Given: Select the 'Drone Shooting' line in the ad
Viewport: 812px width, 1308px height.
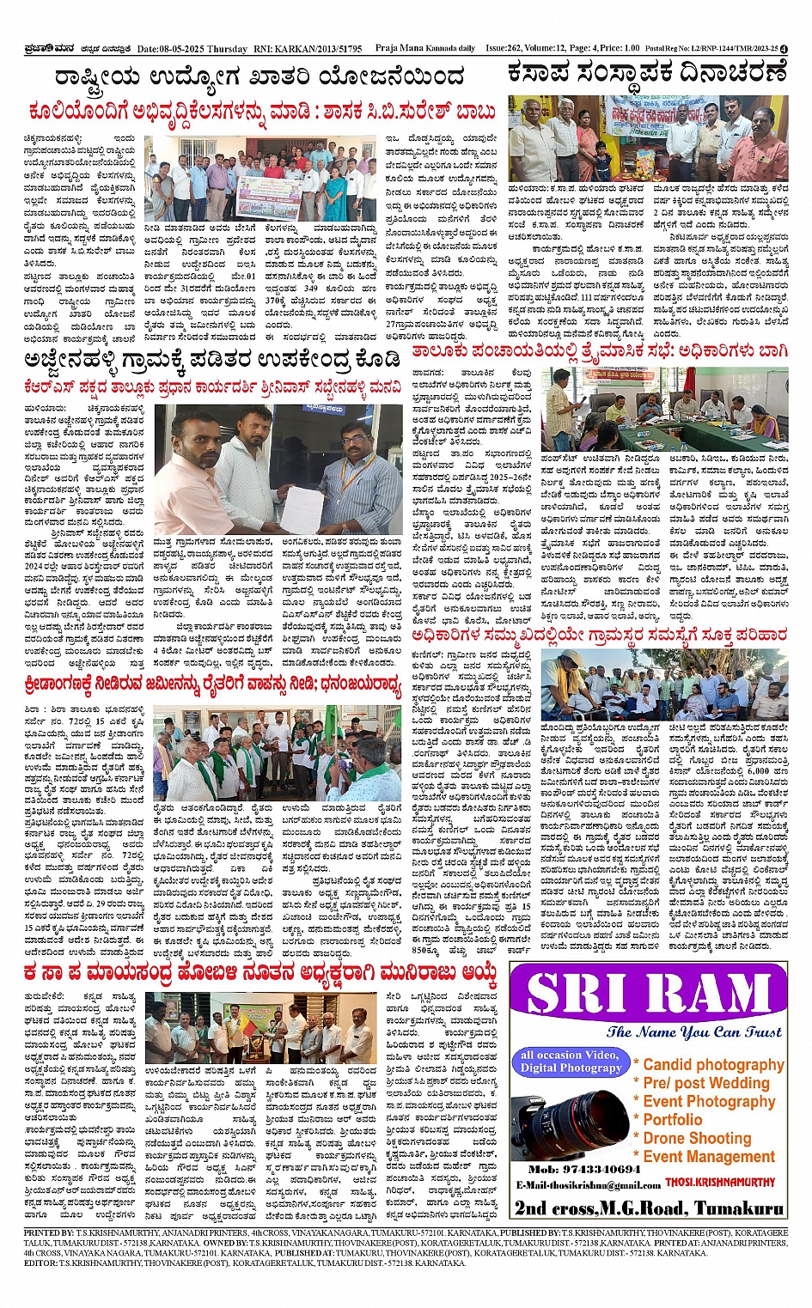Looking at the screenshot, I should pos(697,1138).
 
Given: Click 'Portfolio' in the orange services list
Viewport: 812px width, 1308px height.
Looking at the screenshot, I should pos(672,1119).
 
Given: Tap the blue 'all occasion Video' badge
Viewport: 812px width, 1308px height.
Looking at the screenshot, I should pos(570,1061).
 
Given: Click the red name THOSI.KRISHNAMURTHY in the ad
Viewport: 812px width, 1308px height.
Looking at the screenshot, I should pos(719,1183).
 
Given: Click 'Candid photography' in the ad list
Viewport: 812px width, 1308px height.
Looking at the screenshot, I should pos(713,1064).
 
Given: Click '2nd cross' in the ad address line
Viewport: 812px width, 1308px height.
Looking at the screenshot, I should pos(553,1208).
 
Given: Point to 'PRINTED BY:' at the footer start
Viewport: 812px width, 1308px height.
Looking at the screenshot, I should pos(49,1232).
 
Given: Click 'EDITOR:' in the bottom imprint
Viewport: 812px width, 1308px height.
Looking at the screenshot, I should pos(40,1263).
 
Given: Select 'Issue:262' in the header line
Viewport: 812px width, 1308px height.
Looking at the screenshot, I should pos(506,49).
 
